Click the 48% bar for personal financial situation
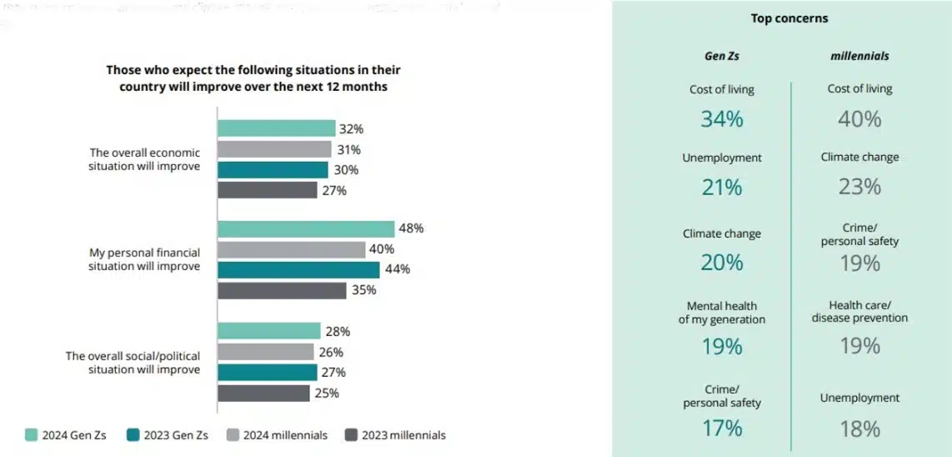(x=306, y=228)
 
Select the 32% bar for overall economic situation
(x=276, y=128)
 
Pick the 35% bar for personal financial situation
(x=282, y=290)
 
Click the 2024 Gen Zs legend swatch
(x=31, y=434)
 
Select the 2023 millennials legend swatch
(x=351, y=434)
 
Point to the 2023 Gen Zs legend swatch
(x=132, y=434)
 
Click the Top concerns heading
(x=789, y=18)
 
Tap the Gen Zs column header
(x=722, y=57)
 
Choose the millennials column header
(x=859, y=57)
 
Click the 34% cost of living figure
(x=722, y=119)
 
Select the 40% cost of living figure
(x=859, y=119)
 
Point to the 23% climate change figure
(x=859, y=187)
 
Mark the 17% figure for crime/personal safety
(x=722, y=428)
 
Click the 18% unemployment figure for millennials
(x=859, y=429)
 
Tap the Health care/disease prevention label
(x=859, y=311)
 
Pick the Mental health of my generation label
(x=722, y=312)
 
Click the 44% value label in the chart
(x=397, y=269)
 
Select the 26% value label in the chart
(x=331, y=352)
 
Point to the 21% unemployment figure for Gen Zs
(x=722, y=188)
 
